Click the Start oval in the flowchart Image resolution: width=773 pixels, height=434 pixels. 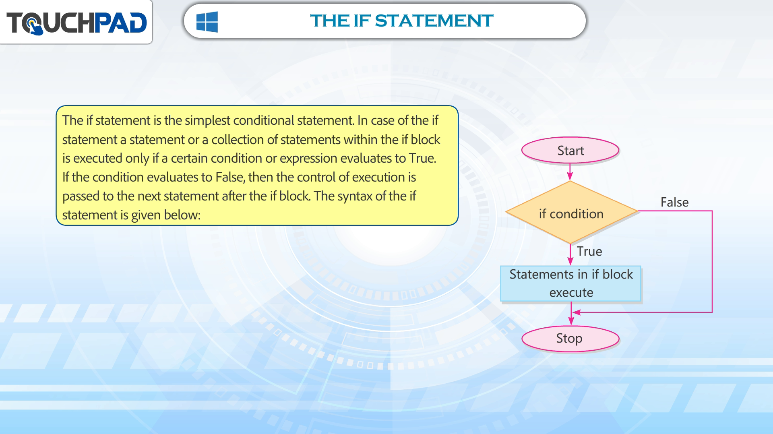[x=570, y=150]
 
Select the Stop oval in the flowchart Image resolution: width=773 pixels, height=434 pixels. [x=570, y=339]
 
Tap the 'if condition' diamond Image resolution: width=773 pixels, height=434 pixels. [x=572, y=213]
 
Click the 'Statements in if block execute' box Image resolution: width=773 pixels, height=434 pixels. [x=570, y=283]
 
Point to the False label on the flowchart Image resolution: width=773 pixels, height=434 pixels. [x=674, y=202]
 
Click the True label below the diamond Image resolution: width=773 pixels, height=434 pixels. [x=589, y=251]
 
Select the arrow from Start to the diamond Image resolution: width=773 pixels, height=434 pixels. [x=570, y=172]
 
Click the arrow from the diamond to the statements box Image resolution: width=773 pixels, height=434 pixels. [x=570, y=254]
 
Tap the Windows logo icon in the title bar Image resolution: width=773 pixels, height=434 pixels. [x=207, y=21]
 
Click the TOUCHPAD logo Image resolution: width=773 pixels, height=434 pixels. [x=76, y=23]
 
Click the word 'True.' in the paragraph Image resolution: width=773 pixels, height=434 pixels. [x=422, y=158]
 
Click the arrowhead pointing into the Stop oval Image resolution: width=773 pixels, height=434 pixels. [x=571, y=321]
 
